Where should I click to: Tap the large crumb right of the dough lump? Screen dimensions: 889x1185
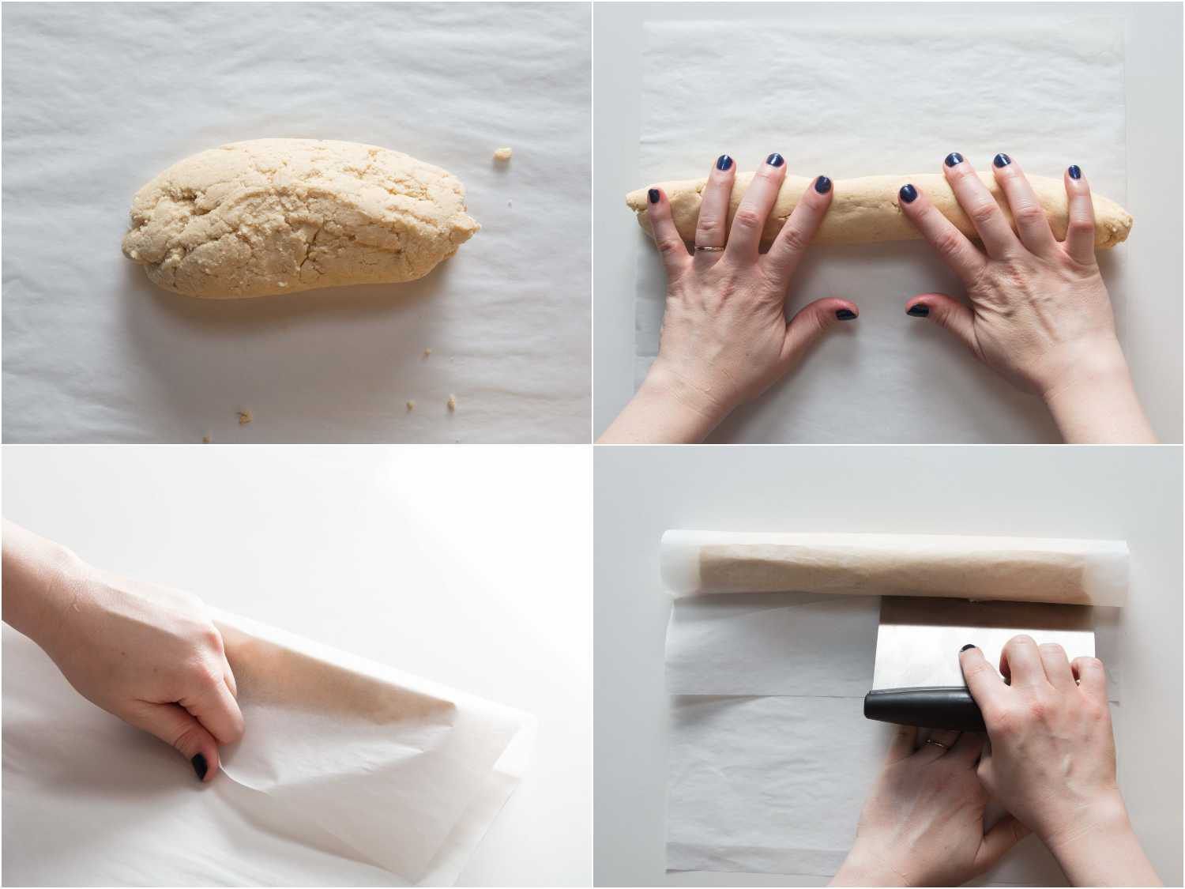pyautogui.click(x=501, y=156)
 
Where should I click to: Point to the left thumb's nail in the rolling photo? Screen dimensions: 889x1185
pyautogui.click(x=846, y=313)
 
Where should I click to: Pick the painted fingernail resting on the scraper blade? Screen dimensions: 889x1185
pyautogui.click(x=967, y=650)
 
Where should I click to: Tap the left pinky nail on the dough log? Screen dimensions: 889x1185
pyautogui.click(x=653, y=195)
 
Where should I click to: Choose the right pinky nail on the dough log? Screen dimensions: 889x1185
pyautogui.click(x=1074, y=172)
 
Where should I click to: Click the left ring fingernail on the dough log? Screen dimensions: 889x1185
pyautogui.click(x=724, y=164)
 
